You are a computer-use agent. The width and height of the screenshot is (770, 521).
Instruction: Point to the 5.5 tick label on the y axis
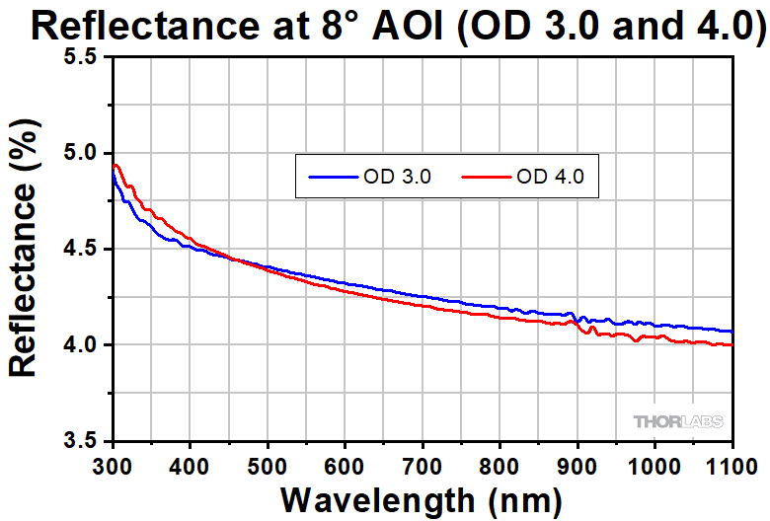pos(81,57)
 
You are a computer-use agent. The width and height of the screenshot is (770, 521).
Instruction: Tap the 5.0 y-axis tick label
pos(81,153)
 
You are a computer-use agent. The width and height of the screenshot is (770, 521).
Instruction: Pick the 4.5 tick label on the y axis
pos(81,249)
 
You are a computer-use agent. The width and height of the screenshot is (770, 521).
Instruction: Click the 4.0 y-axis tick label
pos(81,344)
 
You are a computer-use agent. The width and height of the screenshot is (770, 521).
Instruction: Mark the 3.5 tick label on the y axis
pos(81,440)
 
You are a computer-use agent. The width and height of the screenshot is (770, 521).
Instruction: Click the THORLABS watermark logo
pos(677,421)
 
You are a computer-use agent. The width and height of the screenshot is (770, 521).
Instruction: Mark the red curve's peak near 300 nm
pos(116,165)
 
